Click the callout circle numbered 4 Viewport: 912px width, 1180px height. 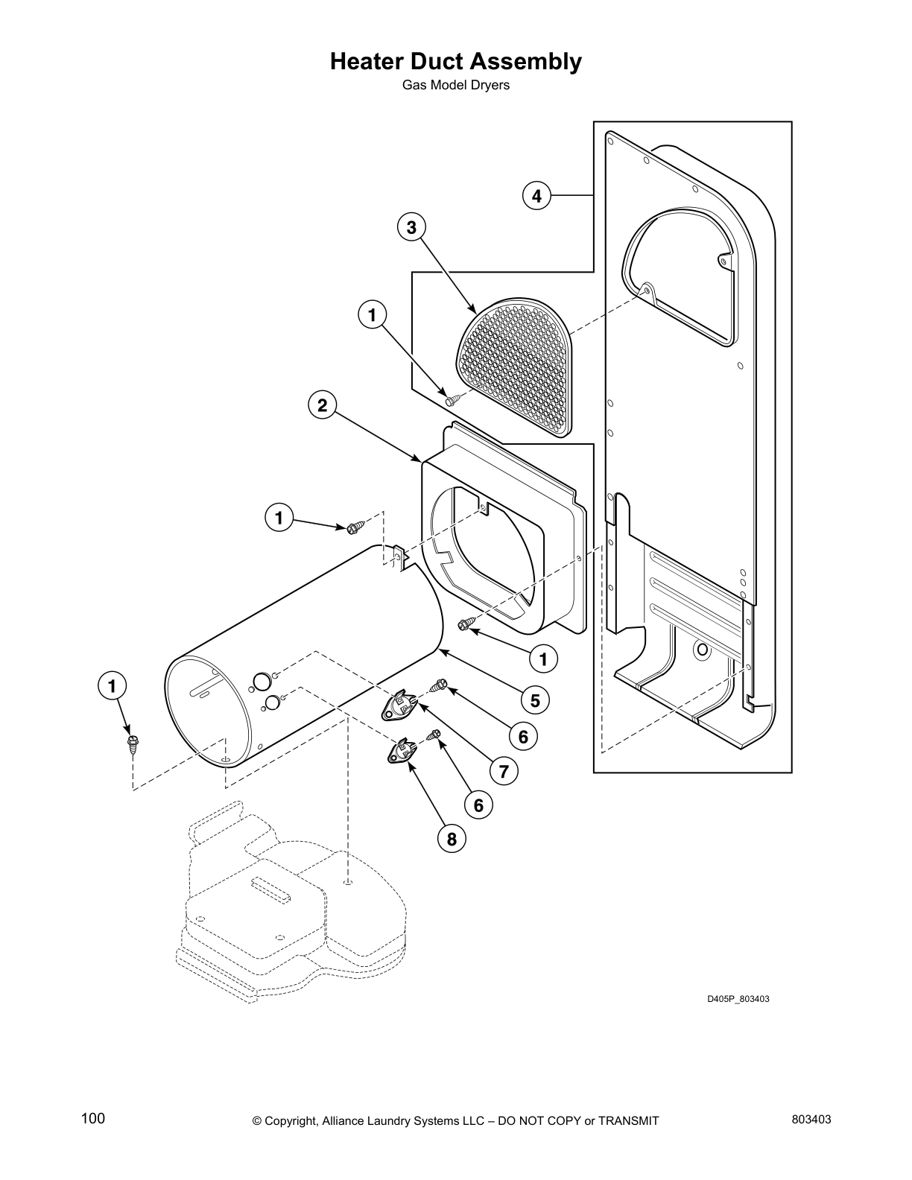click(536, 197)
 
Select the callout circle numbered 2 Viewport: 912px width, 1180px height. click(322, 405)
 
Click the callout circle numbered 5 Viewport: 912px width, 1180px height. click(535, 700)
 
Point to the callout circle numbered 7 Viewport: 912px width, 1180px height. click(504, 772)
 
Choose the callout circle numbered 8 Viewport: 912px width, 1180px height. click(452, 840)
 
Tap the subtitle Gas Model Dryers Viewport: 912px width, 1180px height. click(455, 85)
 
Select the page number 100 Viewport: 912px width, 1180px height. click(93, 1120)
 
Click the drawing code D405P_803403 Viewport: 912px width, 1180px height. click(738, 999)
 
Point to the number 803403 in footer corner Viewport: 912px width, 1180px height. click(811, 1120)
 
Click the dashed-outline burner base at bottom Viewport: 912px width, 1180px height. click(298, 909)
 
